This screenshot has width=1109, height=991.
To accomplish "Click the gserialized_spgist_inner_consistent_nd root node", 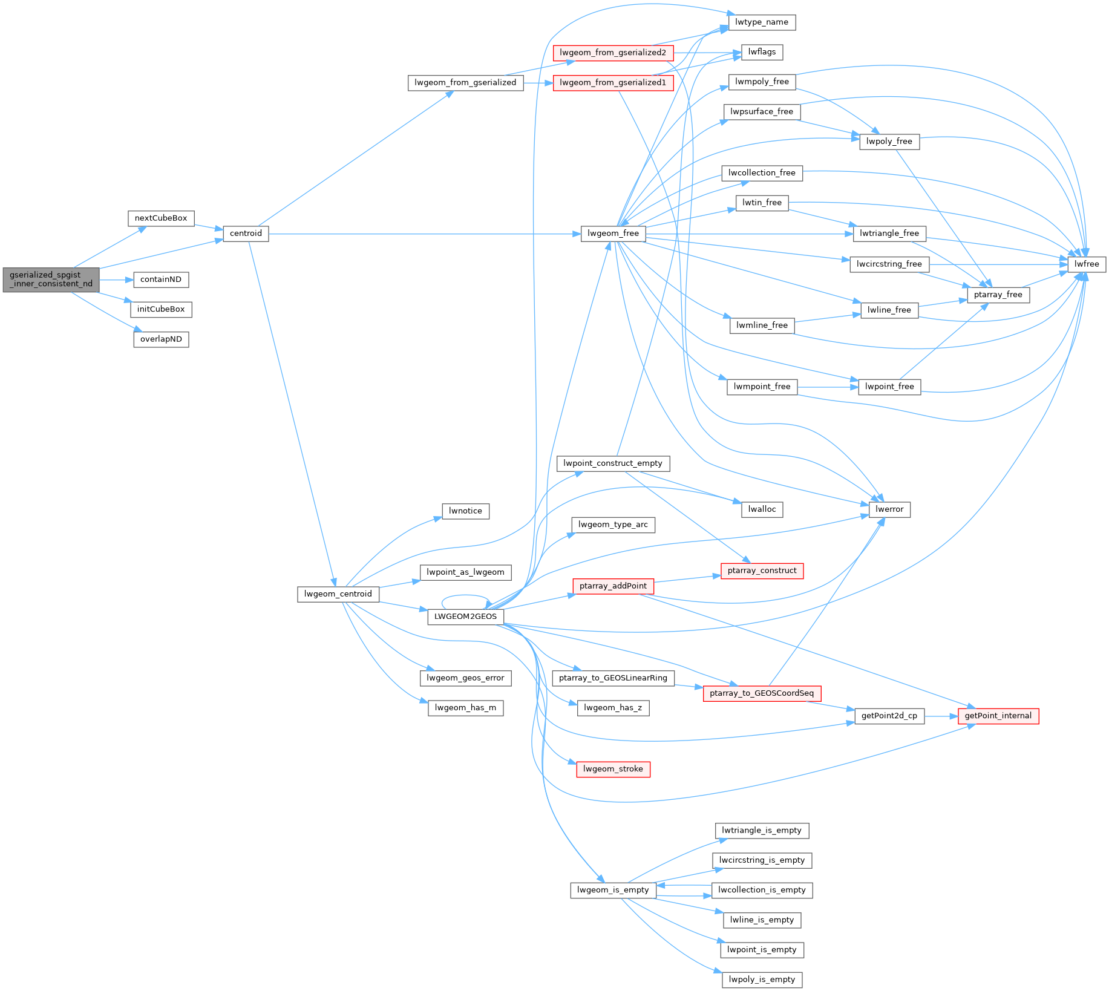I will tap(51, 280).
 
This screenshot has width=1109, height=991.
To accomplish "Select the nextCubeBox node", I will tap(161, 218).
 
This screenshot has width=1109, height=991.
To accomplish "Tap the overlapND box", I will tap(161, 339).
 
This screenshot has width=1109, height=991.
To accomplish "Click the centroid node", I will tap(246, 234).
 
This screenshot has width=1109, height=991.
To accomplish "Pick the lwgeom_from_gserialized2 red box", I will tap(613, 53).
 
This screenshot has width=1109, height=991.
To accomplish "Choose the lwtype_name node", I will tap(762, 22).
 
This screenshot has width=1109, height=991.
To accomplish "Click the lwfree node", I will tap(1087, 264).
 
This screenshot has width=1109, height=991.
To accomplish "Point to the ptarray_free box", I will tap(998, 295).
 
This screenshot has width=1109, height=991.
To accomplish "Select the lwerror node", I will tap(889, 509).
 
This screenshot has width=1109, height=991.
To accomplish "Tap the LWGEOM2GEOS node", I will tap(465, 617).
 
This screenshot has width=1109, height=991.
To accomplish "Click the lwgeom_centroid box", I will tap(338, 594).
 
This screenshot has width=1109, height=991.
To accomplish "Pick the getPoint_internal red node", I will tap(998, 716).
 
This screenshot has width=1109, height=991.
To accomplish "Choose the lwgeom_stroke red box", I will tap(613, 769).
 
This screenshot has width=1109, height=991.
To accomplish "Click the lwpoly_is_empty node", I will tap(762, 980).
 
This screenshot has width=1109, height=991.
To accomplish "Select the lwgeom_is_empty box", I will tap(613, 890).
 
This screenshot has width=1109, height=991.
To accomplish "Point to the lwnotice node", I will tap(465, 511).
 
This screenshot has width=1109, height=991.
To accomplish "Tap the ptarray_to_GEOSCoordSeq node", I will tap(762, 693).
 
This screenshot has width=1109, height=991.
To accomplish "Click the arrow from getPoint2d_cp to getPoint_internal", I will tap(941, 716).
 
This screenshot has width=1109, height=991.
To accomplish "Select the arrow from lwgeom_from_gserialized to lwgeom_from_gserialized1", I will tap(538, 83).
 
